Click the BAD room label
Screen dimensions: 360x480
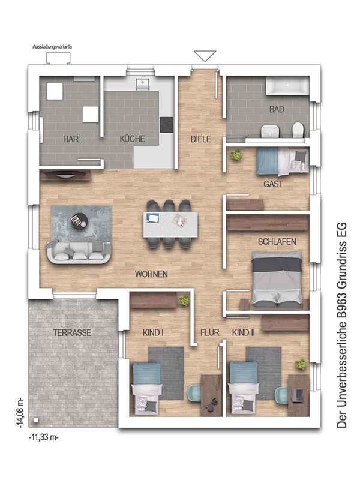[277, 109]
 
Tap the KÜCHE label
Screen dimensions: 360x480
[132, 139]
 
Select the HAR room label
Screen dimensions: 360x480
[71, 139]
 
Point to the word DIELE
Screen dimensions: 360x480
[201, 139]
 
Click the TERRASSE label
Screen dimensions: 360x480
[72, 332]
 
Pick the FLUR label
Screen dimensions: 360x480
[210, 332]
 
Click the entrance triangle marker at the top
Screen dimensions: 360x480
[205, 56]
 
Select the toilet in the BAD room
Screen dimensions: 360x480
[298, 130]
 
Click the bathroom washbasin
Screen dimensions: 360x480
[271, 131]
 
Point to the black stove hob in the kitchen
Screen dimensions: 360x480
[167, 125]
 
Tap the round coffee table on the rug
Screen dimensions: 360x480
[79, 220]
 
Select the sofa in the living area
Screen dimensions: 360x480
[79, 253]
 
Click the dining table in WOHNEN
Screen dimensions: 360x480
[170, 224]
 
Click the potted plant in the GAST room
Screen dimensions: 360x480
[236, 155]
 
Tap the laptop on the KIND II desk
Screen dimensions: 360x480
[298, 395]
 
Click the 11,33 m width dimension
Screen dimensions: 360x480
[43, 437]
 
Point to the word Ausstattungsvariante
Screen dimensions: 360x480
[52, 47]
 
